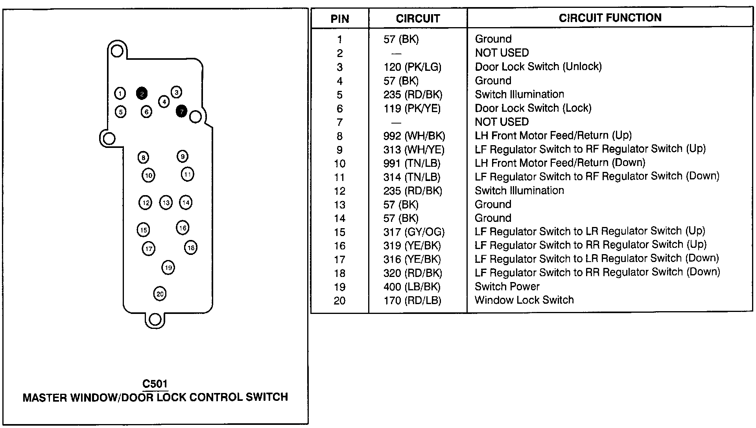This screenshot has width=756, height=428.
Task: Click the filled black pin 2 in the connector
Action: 142,93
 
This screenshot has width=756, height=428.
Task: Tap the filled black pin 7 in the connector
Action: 181,111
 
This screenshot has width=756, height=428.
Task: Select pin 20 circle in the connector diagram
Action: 160,293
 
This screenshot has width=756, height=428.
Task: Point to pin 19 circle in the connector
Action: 168,268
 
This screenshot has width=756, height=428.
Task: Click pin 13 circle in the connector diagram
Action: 166,203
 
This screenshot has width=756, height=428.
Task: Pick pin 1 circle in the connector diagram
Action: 120,93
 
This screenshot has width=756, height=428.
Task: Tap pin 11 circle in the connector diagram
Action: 188,174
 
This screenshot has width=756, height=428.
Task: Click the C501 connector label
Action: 155,384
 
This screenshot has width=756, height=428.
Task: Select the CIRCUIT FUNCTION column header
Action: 610,18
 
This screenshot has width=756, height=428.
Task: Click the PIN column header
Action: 340,19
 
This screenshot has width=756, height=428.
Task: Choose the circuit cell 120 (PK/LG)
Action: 412,67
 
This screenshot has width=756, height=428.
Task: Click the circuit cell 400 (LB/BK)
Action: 412,287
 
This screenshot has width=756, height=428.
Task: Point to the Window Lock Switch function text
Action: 524,300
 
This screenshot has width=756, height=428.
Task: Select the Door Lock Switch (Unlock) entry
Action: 538,66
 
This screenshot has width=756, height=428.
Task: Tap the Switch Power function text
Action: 507,286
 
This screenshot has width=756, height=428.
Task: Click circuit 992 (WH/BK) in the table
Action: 414,136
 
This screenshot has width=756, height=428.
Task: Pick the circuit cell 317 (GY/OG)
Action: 414,232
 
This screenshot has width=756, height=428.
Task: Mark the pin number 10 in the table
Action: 340,164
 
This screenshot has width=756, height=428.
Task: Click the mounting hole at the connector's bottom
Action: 155,319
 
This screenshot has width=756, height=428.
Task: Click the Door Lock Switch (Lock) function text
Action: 533,108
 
